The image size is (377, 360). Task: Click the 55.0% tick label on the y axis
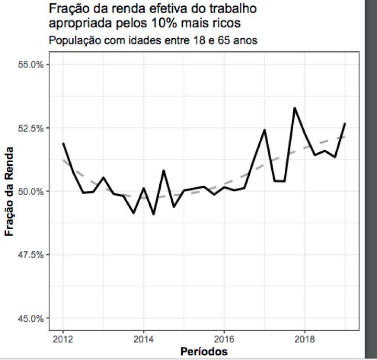tap(31, 65)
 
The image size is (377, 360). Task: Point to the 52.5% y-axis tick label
tap(31, 128)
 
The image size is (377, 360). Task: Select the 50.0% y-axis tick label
tap(31, 192)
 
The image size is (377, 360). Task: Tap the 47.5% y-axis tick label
tap(31, 255)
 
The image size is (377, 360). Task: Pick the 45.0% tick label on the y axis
tap(31, 318)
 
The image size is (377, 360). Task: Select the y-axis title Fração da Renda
tap(10, 192)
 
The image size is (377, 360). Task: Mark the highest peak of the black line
tap(295, 108)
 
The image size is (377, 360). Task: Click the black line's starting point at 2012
tap(63, 143)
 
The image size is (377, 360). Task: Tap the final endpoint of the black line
tap(345, 123)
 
